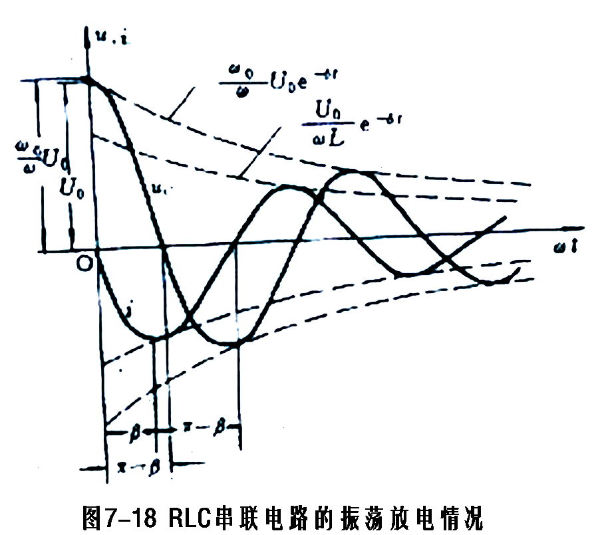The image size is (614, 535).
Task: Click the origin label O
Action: pyautogui.click(x=84, y=264)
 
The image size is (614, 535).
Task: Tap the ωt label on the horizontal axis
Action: pyautogui.click(x=569, y=249)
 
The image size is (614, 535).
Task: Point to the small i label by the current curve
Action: pyautogui.click(x=131, y=310)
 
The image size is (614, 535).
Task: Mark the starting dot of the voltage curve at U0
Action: pyautogui.click(x=88, y=80)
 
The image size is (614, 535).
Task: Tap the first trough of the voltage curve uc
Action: pyautogui.click(x=239, y=342)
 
